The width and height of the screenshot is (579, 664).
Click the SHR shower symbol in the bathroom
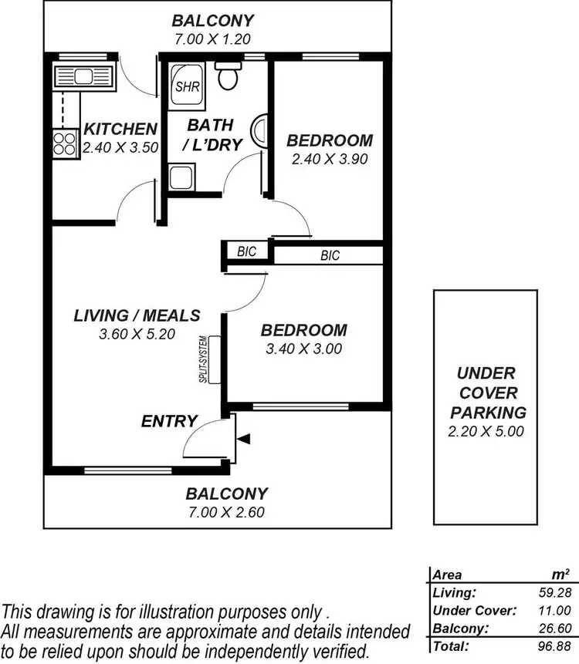click(x=188, y=86)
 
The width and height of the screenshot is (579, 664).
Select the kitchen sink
click(x=82, y=77)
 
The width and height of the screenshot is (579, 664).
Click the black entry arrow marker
click(x=244, y=439)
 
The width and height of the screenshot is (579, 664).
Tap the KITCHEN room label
click(x=120, y=129)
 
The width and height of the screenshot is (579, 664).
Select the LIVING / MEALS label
click(x=137, y=315)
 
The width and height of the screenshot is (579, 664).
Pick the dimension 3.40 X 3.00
click(x=304, y=349)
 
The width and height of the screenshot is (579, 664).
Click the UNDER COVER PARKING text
click(x=486, y=393)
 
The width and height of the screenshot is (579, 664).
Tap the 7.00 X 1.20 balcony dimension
click(x=212, y=38)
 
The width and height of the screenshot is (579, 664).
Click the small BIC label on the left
click(x=247, y=251)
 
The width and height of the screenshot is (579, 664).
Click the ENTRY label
click(x=169, y=421)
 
